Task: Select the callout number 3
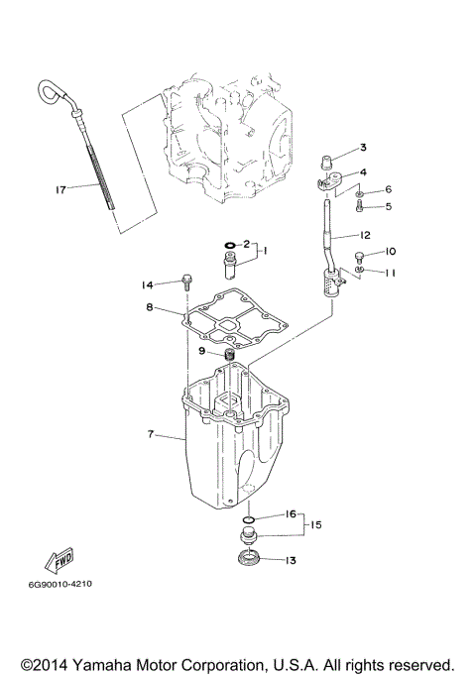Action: tap(363, 147)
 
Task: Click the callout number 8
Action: tap(150, 308)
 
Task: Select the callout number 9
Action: tap(201, 351)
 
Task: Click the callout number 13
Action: tap(290, 561)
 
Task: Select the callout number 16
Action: tap(291, 514)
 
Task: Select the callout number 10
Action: tap(390, 252)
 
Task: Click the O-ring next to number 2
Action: tap(228, 244)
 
